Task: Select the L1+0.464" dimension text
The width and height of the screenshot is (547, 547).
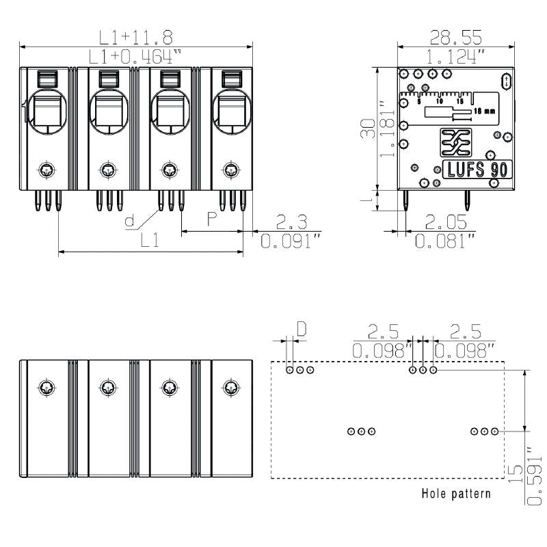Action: pyautogui.click(x=135, y=56)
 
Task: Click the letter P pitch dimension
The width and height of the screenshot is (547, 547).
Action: pyautogui.click(x=212, y=219)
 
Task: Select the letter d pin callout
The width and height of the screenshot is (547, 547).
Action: pyautogui.click(x=130, y=220)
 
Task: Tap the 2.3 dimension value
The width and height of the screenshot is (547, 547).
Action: pyautogui.click(x=291, y=222)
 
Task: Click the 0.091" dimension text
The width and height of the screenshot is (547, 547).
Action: pyautogui.click(x=291, y=241)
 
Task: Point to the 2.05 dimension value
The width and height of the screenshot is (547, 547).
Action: pyautogui.click(x=446, y=222)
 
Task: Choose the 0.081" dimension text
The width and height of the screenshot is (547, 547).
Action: pyautogui.click(x=446, y=241)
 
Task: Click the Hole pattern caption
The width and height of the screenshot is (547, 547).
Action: pyautogui.click(x=455, y=493)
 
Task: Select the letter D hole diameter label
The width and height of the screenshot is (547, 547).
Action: pyautogui.click(x=301, y=330)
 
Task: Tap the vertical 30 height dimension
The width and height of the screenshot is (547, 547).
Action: pyautogui.click(x=367, y=128)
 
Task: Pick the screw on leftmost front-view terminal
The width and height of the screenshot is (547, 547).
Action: pyautogui.click(x=46, y=169)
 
